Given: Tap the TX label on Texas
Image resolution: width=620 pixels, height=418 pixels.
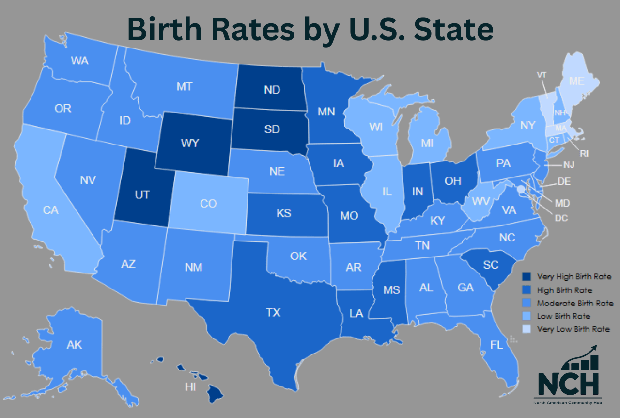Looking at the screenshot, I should (x=273, y=313).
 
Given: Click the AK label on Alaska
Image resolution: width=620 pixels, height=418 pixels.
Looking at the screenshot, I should (x=74, y=345).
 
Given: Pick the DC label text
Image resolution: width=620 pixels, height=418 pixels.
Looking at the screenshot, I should (x=561, y=218).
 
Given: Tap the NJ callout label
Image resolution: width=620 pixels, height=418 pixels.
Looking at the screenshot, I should (x=569, y=165).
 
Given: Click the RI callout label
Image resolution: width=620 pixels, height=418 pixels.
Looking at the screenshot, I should (x=585, y=154).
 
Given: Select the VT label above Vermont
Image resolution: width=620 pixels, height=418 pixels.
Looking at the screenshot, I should (x=542, y=75).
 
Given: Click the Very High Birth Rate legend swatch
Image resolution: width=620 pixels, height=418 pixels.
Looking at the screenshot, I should (x=527, y=277).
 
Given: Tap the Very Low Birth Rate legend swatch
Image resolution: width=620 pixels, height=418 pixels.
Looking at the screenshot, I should (x=527, y=329).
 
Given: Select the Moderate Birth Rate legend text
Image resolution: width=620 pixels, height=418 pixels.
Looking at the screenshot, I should (x=575, y=303).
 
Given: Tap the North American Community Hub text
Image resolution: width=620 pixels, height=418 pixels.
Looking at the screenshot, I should (x=567, y=403).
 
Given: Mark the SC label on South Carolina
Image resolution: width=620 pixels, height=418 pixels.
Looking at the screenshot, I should (x=491, y=265).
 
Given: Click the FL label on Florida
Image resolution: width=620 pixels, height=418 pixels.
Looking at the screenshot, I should (x=496, y=345).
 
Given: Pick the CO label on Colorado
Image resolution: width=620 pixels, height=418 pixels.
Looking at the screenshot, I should (x=208, y=203).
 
